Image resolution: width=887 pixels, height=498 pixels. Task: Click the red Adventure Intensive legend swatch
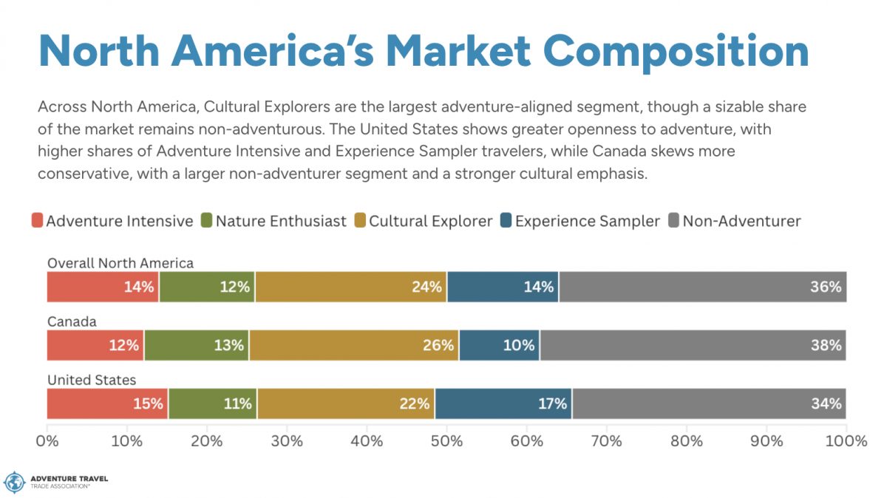(x=37, y=221)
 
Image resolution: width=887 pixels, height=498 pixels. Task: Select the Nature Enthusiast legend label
(x=281, y=221)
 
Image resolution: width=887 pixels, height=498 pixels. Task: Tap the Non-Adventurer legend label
(x=741, y=221)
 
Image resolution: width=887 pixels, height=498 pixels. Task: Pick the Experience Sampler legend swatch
(x=506, y=221)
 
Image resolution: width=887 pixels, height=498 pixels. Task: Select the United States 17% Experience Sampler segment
(x=503, y=403)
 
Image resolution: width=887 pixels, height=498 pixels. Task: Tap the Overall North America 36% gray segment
(x=702, y=287)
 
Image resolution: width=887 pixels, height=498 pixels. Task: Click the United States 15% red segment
(x=107, y=403)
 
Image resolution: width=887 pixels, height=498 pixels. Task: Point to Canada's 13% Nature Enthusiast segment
(x=197, y=345)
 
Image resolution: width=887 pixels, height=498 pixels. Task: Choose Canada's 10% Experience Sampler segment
(x=499, y=345)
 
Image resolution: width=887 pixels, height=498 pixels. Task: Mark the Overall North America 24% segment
(x=351, y=287)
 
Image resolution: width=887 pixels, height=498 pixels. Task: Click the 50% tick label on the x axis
(x=447, y=441)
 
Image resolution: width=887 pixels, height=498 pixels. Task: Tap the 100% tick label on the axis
(x=846, y=441)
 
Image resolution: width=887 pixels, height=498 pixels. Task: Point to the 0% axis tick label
(x=47, y=441)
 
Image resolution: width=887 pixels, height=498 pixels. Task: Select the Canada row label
(x=72, y=321)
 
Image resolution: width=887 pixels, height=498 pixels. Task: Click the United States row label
(x=92, y=380)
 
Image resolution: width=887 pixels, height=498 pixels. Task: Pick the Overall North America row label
(x=120, y=263)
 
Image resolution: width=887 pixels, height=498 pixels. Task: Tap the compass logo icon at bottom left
(x=15, y=482)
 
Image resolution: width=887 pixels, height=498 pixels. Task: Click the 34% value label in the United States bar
(x=826, y=403)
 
